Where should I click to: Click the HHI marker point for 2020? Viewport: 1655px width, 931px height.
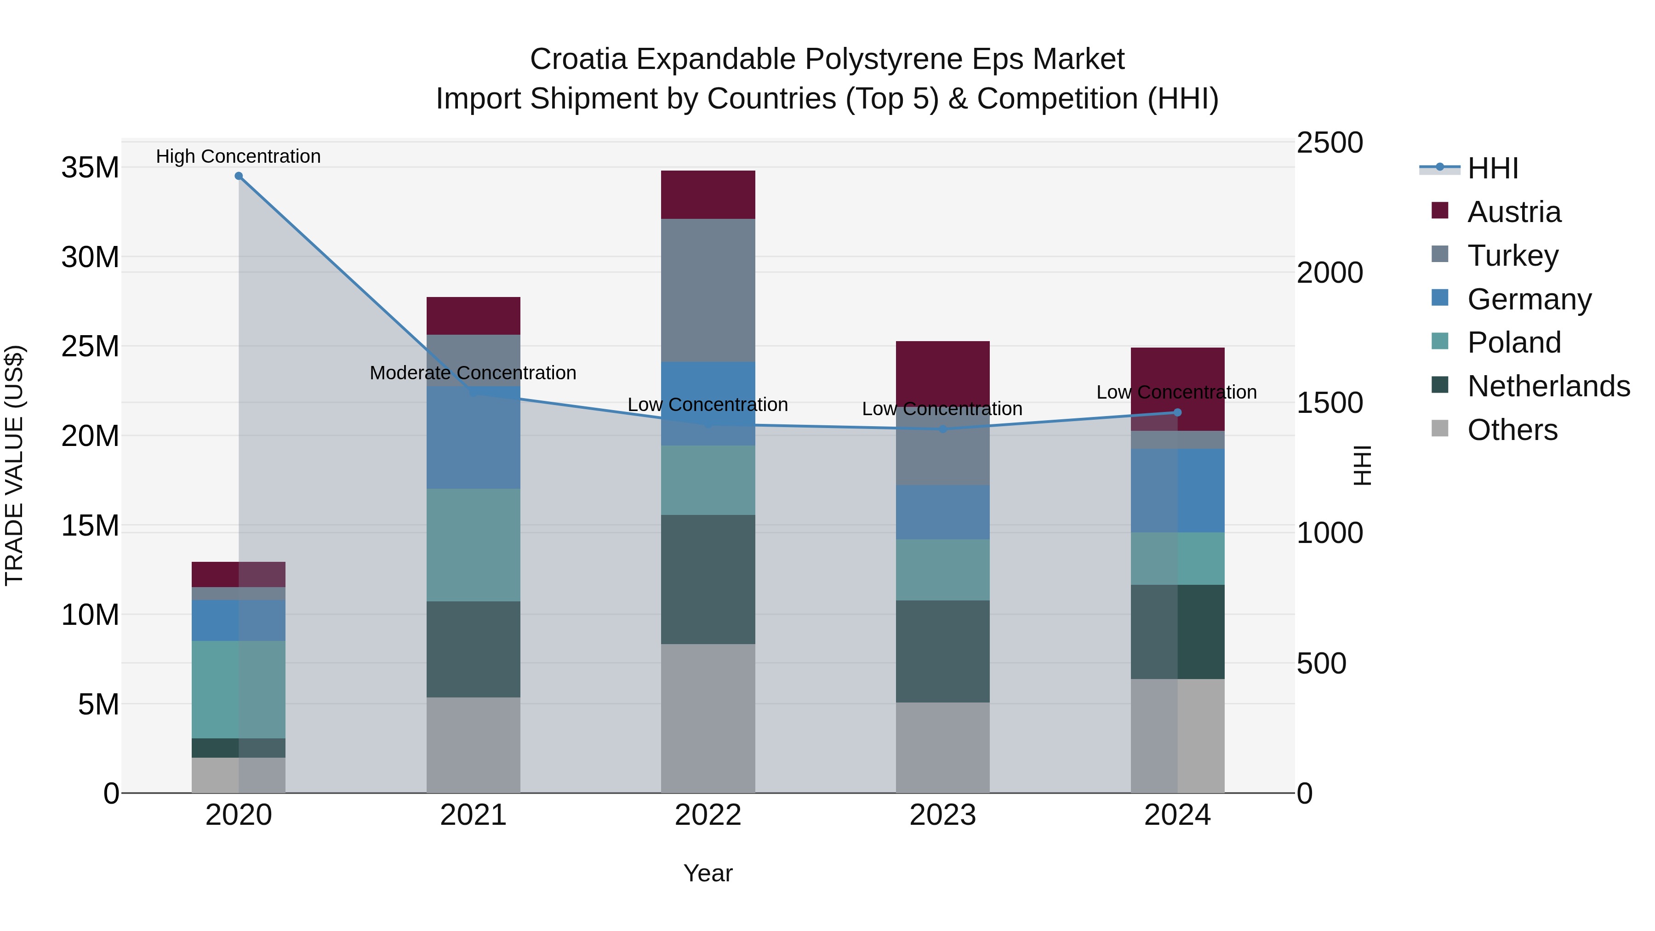(238, 176)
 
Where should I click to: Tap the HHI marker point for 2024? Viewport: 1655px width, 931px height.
(1177, 412)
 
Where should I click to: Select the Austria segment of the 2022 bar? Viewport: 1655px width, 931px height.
(708, 194)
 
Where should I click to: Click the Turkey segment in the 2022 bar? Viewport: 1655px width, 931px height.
(708, 291)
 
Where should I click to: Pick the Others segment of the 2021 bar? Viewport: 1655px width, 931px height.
(473, 745)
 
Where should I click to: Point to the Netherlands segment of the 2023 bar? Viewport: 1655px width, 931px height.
(942, 651)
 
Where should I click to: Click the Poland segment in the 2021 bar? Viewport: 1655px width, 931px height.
(473, 545)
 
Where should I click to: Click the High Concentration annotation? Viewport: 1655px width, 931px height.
(238, 156)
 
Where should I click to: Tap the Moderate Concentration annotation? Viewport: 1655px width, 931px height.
(473, 373)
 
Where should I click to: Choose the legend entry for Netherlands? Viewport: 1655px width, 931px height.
(1548, 386)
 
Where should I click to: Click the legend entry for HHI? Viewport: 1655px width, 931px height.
(1492, 168)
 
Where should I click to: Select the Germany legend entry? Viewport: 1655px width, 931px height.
(1529, 299)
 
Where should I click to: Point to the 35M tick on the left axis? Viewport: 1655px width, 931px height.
(90, 168)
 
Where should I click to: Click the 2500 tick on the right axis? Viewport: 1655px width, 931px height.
(1329, 143)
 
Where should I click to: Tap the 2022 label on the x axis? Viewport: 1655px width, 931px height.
(708, 815)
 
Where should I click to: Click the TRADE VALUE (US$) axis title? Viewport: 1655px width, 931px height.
(14, 465)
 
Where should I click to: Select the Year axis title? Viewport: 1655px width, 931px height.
(708, 873)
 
